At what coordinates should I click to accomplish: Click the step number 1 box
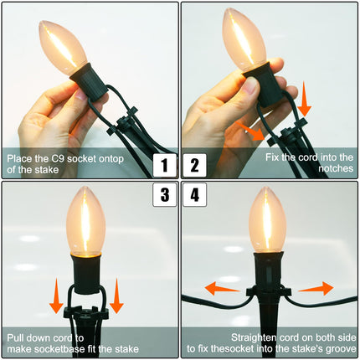165,165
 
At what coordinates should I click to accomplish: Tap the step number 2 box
195,165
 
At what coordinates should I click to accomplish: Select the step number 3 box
165,194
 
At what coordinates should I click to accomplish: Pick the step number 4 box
195,194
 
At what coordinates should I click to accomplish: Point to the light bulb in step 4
267,220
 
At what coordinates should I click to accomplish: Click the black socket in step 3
86,274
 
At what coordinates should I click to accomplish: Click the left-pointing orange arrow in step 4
222,288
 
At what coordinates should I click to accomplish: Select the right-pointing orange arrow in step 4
316,288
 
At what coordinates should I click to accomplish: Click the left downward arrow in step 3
56,296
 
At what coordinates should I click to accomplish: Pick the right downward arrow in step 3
116,296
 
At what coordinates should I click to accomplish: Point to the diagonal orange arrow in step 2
250,131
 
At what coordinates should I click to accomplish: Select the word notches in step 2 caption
336,168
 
